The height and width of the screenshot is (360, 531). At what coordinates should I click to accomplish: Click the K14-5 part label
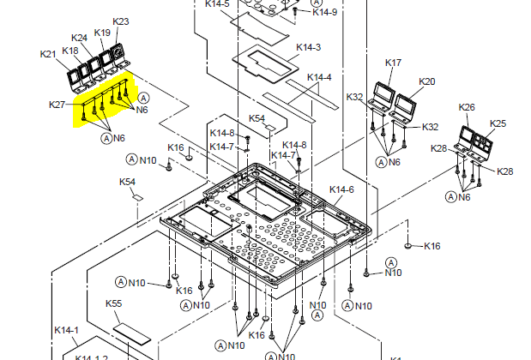tap(218, 4)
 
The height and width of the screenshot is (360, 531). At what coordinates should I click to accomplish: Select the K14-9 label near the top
tap(325, 12)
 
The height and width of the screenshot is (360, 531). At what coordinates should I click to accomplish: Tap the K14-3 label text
tap(308, 47)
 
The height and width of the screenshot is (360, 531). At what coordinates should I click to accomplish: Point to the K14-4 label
tap(318, 77)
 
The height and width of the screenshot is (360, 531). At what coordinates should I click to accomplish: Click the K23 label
tap(121, 21)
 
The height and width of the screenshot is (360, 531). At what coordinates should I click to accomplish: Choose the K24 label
tap(79, 38)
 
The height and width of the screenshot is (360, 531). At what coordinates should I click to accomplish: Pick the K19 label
tap(102, 33)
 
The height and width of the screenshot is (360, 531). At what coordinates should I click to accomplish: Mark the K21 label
tap(48, 55)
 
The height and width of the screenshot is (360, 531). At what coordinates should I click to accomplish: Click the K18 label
tap(70, 51)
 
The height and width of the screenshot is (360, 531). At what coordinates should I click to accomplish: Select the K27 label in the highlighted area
tap(57, 105)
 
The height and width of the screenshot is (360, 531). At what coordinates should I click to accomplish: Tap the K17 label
tap(393, 63)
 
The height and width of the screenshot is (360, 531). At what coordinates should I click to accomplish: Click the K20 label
tap(427, 81)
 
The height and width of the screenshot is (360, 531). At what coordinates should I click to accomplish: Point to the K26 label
tap(467, 107)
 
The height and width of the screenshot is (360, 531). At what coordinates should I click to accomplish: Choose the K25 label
tap(498, 123)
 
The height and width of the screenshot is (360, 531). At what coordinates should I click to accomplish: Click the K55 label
tap(113, 303)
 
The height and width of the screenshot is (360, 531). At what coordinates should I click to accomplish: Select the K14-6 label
tap(341, 189)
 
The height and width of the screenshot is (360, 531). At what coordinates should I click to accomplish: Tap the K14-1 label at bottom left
tap(66, 330)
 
